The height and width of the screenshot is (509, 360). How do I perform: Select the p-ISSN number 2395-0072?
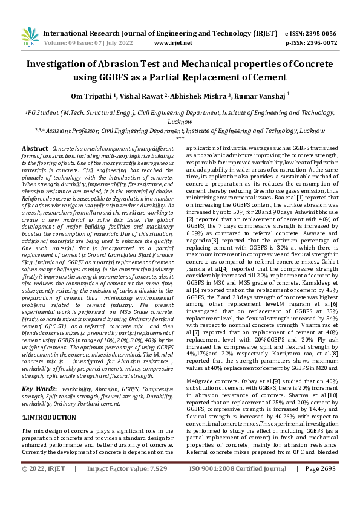[x=322, y=44]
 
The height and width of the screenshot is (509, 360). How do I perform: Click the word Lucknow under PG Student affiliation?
[x=180, y=121]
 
